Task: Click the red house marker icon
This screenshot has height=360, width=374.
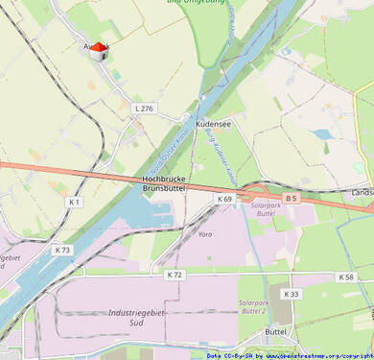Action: pyautogui.click(x=98, y=50)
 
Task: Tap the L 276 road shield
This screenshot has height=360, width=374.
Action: pyautogui.click(x=144, y=108)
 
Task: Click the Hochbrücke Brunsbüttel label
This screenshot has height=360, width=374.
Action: pyautogui.click(x=163, y=183)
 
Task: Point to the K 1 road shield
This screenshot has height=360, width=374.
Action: pyautogui.click(x=75, y=203)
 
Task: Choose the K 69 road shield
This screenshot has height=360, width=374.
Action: pyautogui.click(x=224, y=199)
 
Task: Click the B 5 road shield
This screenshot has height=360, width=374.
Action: pyautogui.click(x=292, y=199)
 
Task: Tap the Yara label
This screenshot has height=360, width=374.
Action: pyautogui.click(x=204, y=233)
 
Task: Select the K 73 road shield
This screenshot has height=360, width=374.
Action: pyautogui.click(x=62, y=250)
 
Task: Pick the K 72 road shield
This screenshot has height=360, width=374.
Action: pyautogui.click(x=174, y=275)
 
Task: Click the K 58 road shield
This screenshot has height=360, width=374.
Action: pyautogui.click(x=346, y=276)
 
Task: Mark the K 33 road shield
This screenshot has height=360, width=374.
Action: pyautogui.click(x=292, y=294)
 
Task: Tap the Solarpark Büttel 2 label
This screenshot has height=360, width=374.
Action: pyautogui.click(x=252, y=307)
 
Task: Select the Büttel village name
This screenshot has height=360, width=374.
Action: pyautogui.click(x=275, y=331)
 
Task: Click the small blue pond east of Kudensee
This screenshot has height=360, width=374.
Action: pyautogui.click(x=322, y=134)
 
